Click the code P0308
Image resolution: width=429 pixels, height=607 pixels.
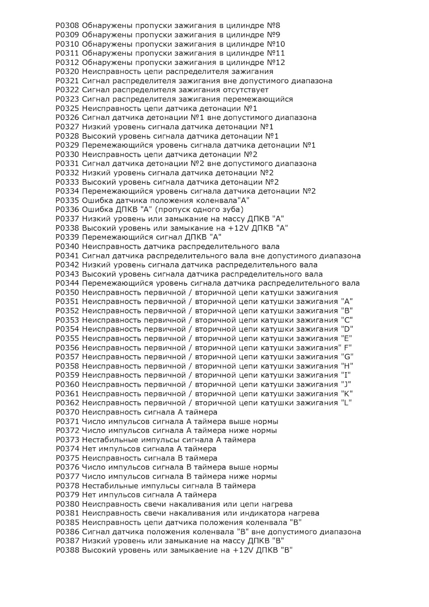pyautogui.click(x=67, y=25)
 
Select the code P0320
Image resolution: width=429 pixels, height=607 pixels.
pyautogui.click(x=67, y=72)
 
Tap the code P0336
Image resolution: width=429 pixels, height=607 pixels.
pyautogui.click(x=67, y=210)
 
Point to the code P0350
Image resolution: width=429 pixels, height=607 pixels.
pyautogui.click(x=67, y=292)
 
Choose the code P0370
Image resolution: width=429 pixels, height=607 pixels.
pyautogui.click(x=67, y=412)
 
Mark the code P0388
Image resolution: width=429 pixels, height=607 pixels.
pyautogui.click(x=67, y=550)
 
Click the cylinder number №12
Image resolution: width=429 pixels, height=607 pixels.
pyautogui.click(x=276, y=63)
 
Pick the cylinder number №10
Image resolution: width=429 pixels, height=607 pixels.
pyautogui.click(x=276, y=44)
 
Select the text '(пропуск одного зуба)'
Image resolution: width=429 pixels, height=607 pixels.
pyautogui.click(x=199, y=210)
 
